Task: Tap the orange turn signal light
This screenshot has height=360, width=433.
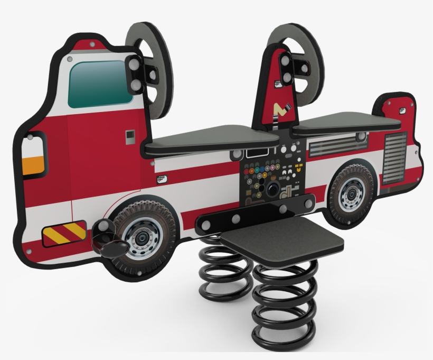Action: click(33, 165)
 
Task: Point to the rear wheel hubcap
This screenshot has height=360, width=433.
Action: click(351, 194)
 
